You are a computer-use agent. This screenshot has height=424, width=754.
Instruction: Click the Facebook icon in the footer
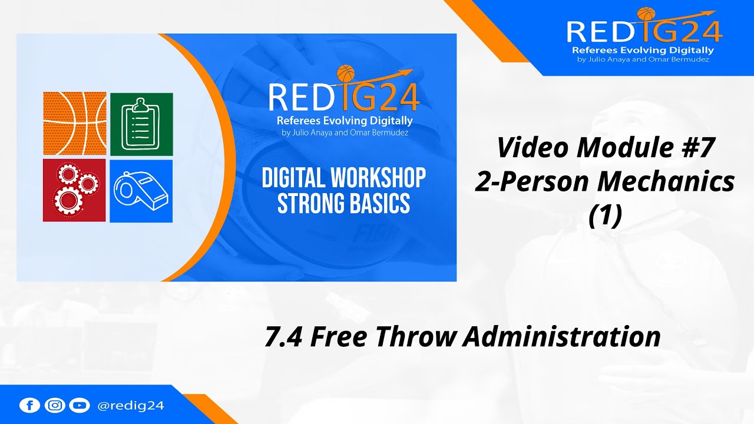point(29,405)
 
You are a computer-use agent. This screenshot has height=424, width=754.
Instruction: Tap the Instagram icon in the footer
point(54,405)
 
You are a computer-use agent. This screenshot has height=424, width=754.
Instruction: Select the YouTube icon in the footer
point(79,405)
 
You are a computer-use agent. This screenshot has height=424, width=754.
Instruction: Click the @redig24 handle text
point(130,405)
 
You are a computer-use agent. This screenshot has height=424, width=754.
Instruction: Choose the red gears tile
point(74,190)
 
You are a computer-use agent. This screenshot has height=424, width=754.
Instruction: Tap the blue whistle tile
point(141,191)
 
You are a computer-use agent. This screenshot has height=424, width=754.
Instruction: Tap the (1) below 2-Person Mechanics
point(605,216)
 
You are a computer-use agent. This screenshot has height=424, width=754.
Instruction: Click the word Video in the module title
point(531,147)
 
